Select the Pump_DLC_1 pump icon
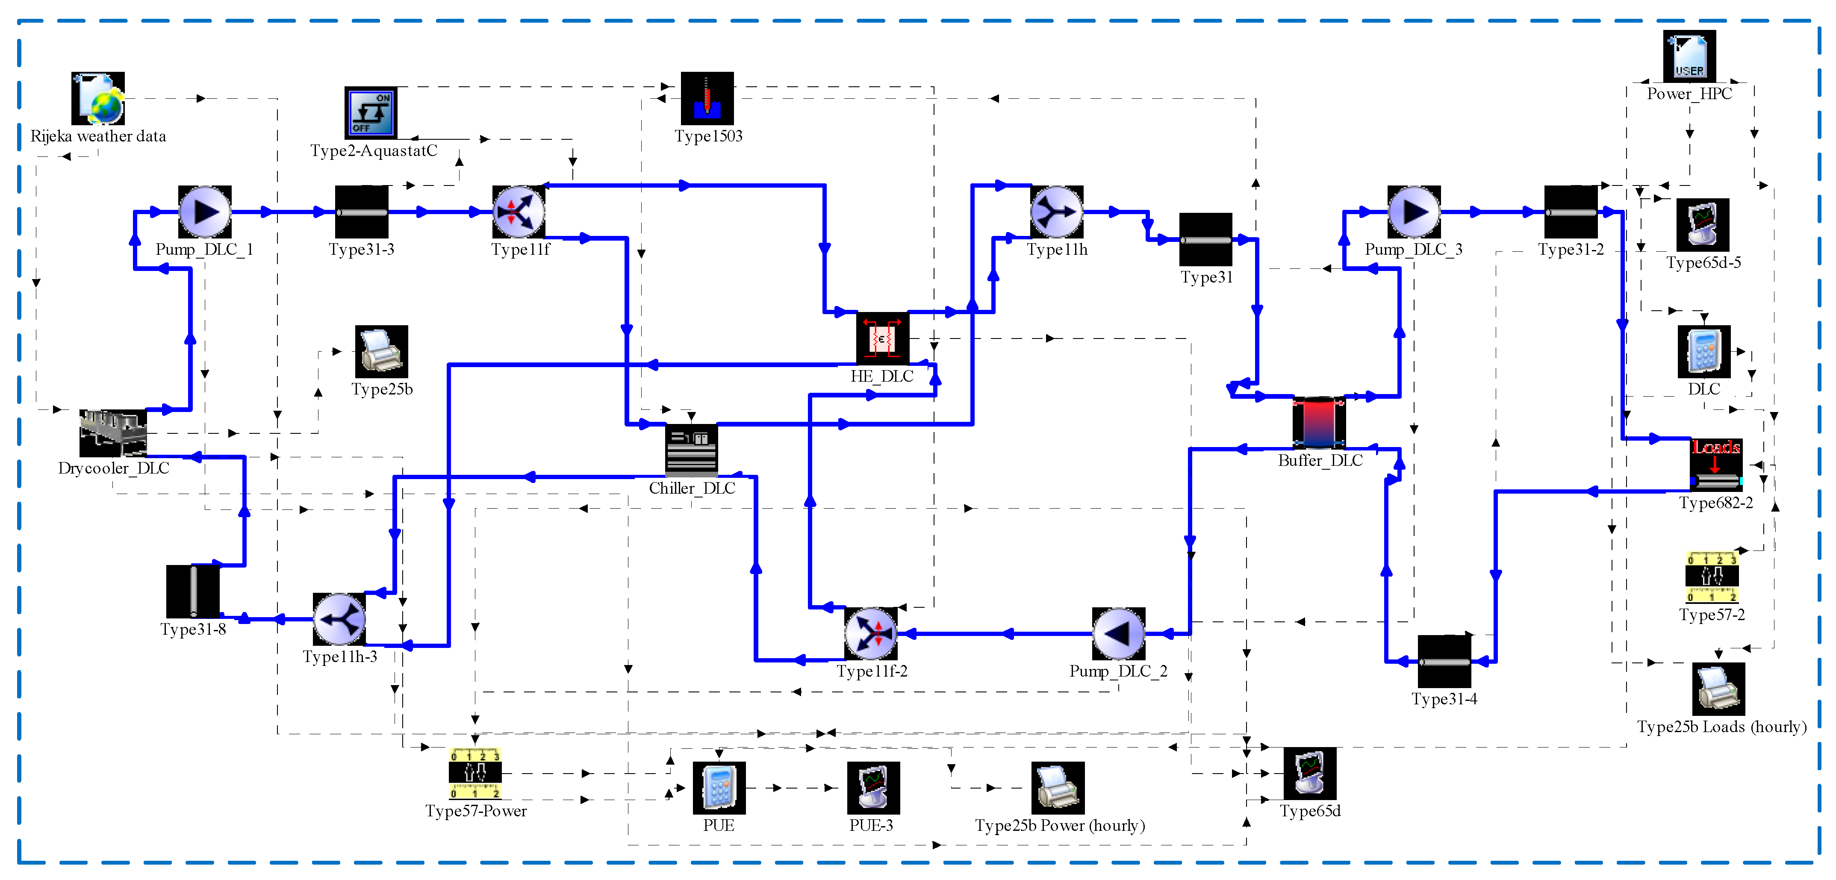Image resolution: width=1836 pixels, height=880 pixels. pos(205,212)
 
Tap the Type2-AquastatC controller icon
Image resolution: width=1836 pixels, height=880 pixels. pos(371,112)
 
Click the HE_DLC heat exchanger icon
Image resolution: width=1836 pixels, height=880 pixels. pos(882,338)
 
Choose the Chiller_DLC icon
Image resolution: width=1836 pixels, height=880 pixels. pos(691,450)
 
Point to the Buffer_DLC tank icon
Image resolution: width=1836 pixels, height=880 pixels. pos(1319,423)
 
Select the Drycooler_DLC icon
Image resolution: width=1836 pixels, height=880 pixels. pos(112,433)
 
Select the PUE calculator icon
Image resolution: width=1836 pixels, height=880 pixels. pos(719,787)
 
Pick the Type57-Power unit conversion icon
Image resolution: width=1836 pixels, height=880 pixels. pos(475,773)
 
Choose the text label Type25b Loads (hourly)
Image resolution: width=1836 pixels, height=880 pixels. pos(1721,727)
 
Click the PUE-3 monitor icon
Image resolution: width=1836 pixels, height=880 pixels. pos(873,787)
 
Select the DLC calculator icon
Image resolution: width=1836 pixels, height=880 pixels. pos(1703,351)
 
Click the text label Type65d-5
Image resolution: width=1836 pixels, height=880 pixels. pos(1703,263)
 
